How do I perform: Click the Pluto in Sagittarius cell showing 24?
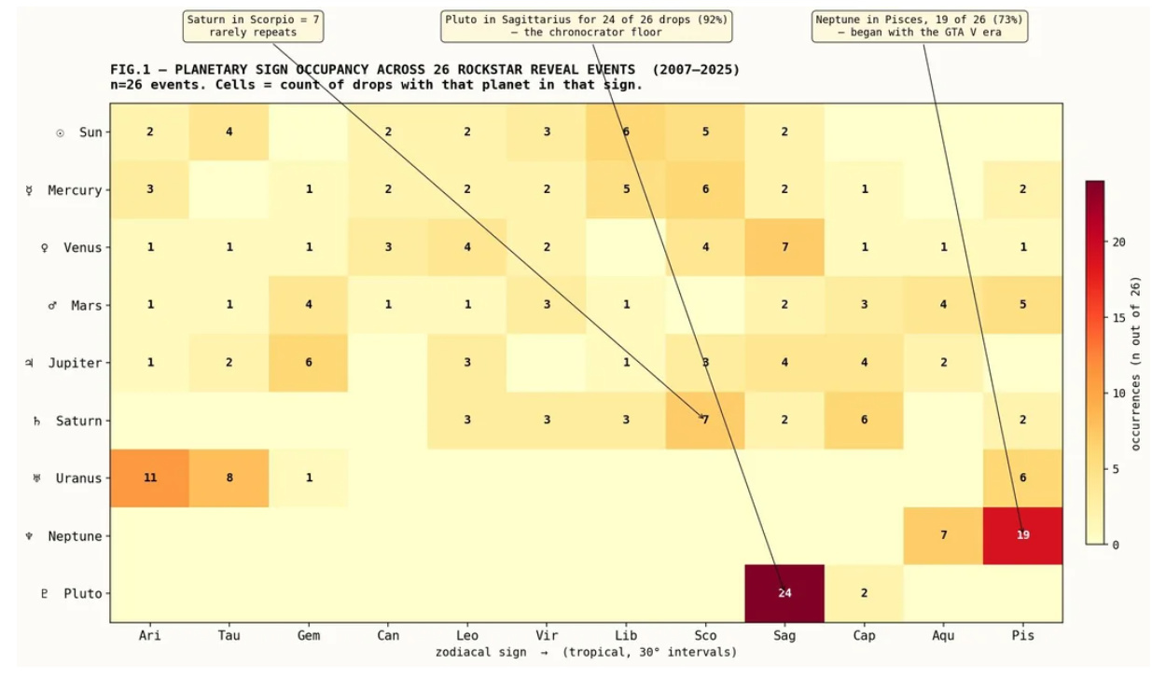784,593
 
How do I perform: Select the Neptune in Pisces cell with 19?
1022,535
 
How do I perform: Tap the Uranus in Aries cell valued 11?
149,478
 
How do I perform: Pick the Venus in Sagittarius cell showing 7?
784,247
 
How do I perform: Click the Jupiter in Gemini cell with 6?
308,363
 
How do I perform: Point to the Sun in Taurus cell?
229,132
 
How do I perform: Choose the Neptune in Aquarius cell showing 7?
943,535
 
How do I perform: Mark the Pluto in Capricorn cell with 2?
864,593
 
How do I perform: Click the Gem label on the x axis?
309,635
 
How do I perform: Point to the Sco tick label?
705,635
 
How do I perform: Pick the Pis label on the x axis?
1022,635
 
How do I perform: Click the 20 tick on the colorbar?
1118,242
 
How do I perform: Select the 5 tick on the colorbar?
1115,469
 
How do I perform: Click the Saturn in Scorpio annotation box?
253,26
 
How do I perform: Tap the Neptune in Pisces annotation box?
920,26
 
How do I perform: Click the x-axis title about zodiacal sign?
587,653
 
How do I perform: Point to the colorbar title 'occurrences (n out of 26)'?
1135,364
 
